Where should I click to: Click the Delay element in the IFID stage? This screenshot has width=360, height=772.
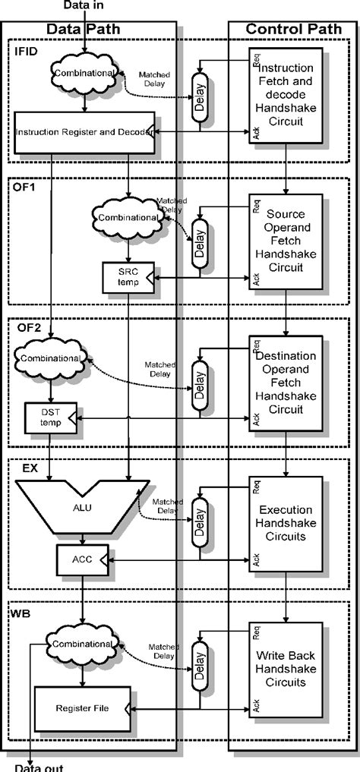(x=201, y=96)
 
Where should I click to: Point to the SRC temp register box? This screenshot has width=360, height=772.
(x=128, y=277)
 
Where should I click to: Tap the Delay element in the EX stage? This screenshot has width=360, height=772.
(x=201, y=525)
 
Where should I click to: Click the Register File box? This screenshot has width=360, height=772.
(x=83, y=708)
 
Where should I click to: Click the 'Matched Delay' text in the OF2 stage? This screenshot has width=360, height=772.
(x=161, y=369)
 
